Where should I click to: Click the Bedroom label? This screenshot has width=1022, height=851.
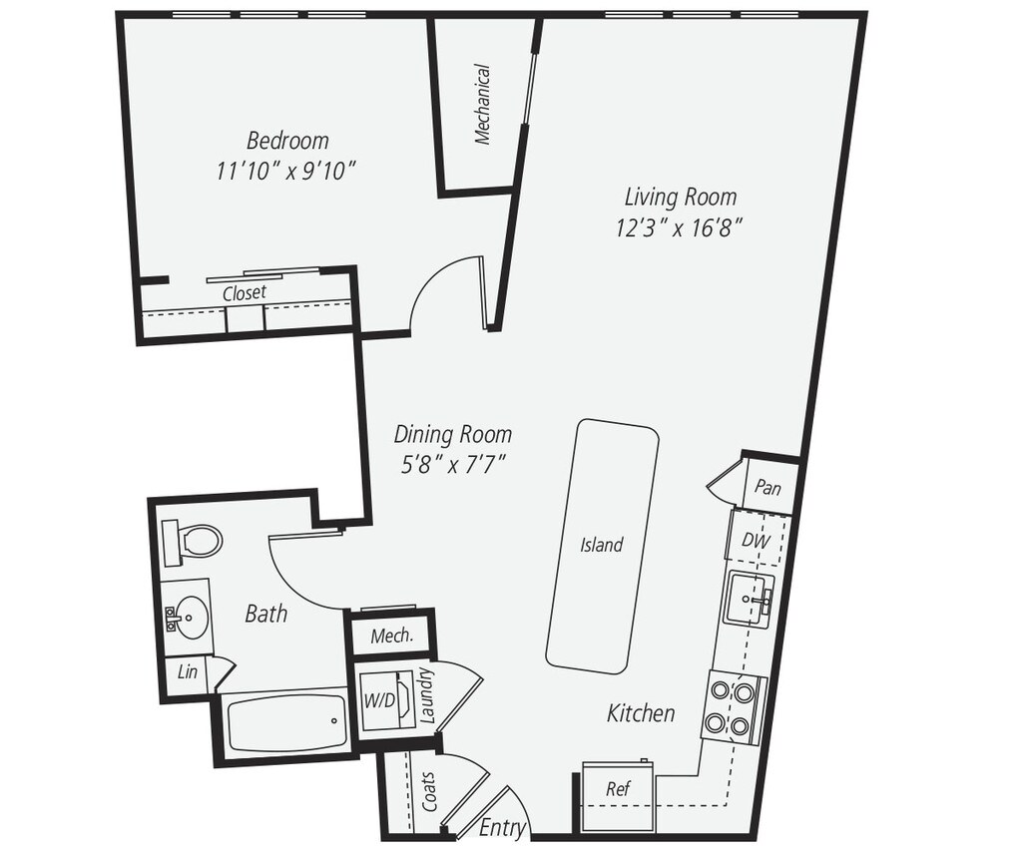click(287, 141)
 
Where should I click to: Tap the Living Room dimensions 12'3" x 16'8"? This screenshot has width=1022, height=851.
click(680, 228)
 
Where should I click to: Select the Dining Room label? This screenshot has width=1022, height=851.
click(452, 434)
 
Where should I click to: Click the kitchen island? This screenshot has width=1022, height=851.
click(602, 546)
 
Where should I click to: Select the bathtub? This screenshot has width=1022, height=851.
click(285, 722)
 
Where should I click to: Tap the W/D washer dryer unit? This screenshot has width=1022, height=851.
click(383, 700)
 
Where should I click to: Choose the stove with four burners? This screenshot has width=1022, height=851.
click(733, 707)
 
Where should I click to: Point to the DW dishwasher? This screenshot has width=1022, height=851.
click(755, 540)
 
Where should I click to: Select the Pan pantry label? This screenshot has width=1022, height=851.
click(766, 488)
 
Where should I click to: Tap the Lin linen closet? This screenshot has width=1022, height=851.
click(188, 672)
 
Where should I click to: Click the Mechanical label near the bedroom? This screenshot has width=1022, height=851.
click(483, 105)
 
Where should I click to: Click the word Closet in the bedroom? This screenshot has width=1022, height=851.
click(245, 293)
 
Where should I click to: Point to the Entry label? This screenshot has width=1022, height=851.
click(503, 827)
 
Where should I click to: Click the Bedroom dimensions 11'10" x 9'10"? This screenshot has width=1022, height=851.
click(286, 172)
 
